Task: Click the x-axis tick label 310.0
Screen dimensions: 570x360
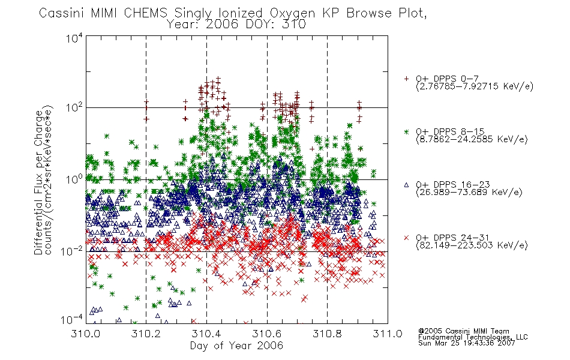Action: [x=86, y=334]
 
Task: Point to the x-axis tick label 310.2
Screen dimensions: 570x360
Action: [x=146, y=334]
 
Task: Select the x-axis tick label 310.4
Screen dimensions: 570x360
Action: [x=206, y=334]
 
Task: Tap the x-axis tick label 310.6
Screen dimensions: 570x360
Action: [x=267, y=334]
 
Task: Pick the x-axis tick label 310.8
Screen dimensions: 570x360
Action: [x=327, y=334]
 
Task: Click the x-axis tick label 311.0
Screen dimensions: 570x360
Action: [x=388, y=334]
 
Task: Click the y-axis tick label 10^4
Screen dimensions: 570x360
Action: [x=74, y=38]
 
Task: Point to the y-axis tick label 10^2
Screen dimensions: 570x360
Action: [x=74, y=107]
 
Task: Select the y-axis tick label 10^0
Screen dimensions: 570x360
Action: [x=74, y=179]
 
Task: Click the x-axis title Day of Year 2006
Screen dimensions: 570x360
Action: [x=236, y=346]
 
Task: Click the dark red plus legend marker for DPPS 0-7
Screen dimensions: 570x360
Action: [x=406, y=79]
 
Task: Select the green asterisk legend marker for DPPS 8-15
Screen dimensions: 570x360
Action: [x=406, y=131]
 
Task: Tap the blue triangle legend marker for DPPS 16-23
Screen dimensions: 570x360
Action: [x=406, y=185]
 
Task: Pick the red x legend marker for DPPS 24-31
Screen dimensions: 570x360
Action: [x=406, y=238]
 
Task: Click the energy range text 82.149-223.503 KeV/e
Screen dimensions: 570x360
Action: [x=472, y=245]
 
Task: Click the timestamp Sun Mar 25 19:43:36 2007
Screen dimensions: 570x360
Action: [x=467, y=343]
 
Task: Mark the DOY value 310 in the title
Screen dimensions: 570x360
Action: [x=294, y=25]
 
